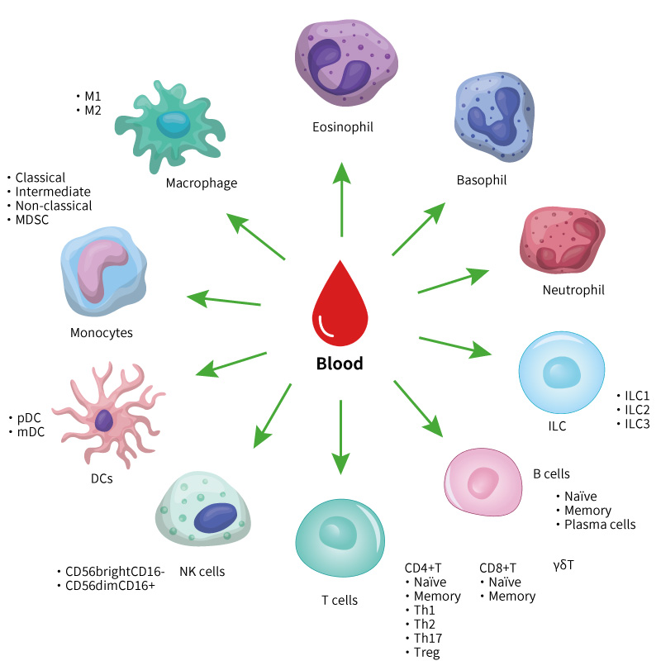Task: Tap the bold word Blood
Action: [340, 364]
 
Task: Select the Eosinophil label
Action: [343, 127]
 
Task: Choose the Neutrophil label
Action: [573, 290]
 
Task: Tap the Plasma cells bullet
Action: [599, 525]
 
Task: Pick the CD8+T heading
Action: [497, 568]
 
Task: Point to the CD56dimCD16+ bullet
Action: [108, 586]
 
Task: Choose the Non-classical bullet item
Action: [52, 206]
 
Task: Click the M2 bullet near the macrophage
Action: [92, 108]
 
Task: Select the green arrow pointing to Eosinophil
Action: [341, 198]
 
